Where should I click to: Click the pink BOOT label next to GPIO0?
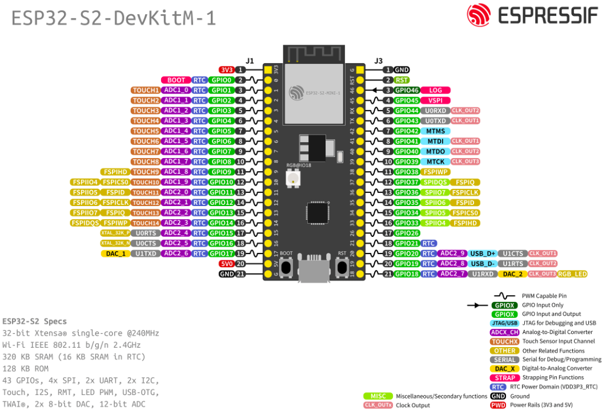[176, 80]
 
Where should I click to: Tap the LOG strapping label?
[435, 90]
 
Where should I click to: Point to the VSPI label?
[435, 100]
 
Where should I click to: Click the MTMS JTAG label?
[435, 131]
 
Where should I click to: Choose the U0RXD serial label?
[435, 111]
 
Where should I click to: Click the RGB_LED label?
[572, 274]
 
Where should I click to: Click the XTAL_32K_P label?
[115, 233]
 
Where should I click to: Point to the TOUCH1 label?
[146, 90]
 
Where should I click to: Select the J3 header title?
[379, 61]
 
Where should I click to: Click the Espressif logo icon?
[478, 15]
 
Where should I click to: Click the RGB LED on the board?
[294, 179]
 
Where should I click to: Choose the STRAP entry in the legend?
[505, 377]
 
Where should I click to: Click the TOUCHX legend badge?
[505, 341]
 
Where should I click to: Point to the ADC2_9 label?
[452, 253]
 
